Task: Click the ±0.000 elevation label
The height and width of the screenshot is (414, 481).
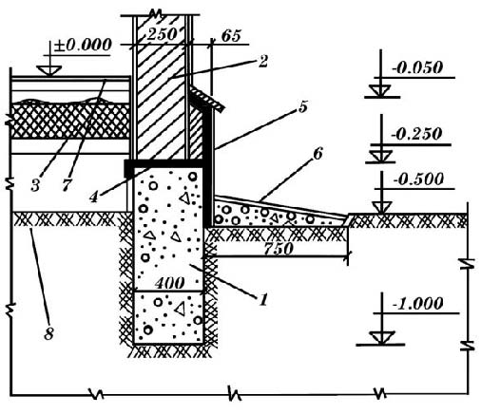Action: (83, 46)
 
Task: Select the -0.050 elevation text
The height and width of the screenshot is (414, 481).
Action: (416, 67)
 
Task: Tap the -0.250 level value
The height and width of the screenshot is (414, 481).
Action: (415, 134)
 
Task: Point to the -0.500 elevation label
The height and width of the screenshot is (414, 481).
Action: (417, 179)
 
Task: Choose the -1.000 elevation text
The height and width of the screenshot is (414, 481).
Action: (417, 304)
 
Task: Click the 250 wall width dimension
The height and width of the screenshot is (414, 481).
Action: (162, 34)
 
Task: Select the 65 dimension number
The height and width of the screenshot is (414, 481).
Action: (231, 36)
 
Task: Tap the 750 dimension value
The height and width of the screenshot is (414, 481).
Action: (279, 249)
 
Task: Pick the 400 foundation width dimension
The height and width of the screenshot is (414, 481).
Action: (169, 283)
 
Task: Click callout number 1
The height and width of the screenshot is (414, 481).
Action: (263, 300)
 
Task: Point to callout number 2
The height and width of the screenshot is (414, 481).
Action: (262, 62)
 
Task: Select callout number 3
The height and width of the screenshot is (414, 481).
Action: (35, 185)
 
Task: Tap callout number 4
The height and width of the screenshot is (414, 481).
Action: (93, 197)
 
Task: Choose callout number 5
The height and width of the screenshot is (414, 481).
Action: (302, 106)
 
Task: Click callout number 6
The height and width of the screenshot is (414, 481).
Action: (317, 154)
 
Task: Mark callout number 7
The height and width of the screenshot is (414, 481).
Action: (66, 185)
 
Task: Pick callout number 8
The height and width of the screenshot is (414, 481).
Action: (48, 334)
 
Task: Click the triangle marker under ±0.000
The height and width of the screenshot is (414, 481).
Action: (48, 70)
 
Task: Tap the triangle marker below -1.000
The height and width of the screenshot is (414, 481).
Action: (382, 337)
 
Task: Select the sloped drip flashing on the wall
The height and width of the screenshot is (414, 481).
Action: (206, 100)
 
